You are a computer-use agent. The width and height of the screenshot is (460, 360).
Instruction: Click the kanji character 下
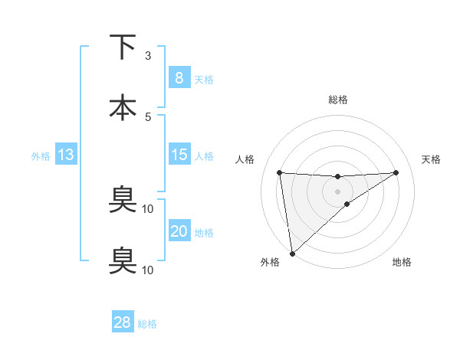(x=123, y=47)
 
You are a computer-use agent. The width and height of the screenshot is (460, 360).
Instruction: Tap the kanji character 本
(x=123, y=108)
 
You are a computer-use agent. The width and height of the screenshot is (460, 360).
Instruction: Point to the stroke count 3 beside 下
(x=148, y=55)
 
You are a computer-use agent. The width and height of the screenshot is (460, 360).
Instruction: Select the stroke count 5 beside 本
(x=148, y=116)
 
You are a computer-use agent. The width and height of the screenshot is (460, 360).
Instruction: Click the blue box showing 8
(x=179, y=78)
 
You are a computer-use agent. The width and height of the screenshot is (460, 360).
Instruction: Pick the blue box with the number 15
(x=179, y=155)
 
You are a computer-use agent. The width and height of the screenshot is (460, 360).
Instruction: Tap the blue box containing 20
(x=179, y=231)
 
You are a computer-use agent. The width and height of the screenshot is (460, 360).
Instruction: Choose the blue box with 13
(x=66, y=155)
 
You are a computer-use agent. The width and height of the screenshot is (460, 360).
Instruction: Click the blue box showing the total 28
(x=123, y=322)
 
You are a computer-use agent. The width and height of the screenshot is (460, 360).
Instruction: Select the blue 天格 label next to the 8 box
(x=204, y=79)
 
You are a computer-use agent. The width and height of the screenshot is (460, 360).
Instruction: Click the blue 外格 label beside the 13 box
(x=41, y=155)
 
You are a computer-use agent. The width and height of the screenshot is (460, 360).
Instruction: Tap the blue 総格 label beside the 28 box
(x=147, y=323)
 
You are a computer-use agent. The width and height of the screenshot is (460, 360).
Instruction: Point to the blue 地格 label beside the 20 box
(x=204, y=232)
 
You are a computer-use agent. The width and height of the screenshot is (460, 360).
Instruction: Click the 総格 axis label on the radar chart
(x=337, y=100)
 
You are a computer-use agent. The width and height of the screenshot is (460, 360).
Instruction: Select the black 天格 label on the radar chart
(x=432, y=159)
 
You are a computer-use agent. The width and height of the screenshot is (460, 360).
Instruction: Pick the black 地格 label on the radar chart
(x=402, y=262)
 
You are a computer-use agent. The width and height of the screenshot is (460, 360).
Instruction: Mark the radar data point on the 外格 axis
(x=291, y=253)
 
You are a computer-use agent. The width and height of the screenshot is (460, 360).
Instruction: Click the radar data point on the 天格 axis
(x=396, y=172)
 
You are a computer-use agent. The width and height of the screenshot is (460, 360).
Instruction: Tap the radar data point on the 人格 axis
(x=280, y=172)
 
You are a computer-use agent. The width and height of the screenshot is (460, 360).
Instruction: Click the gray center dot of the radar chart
(x=337, y=191)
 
